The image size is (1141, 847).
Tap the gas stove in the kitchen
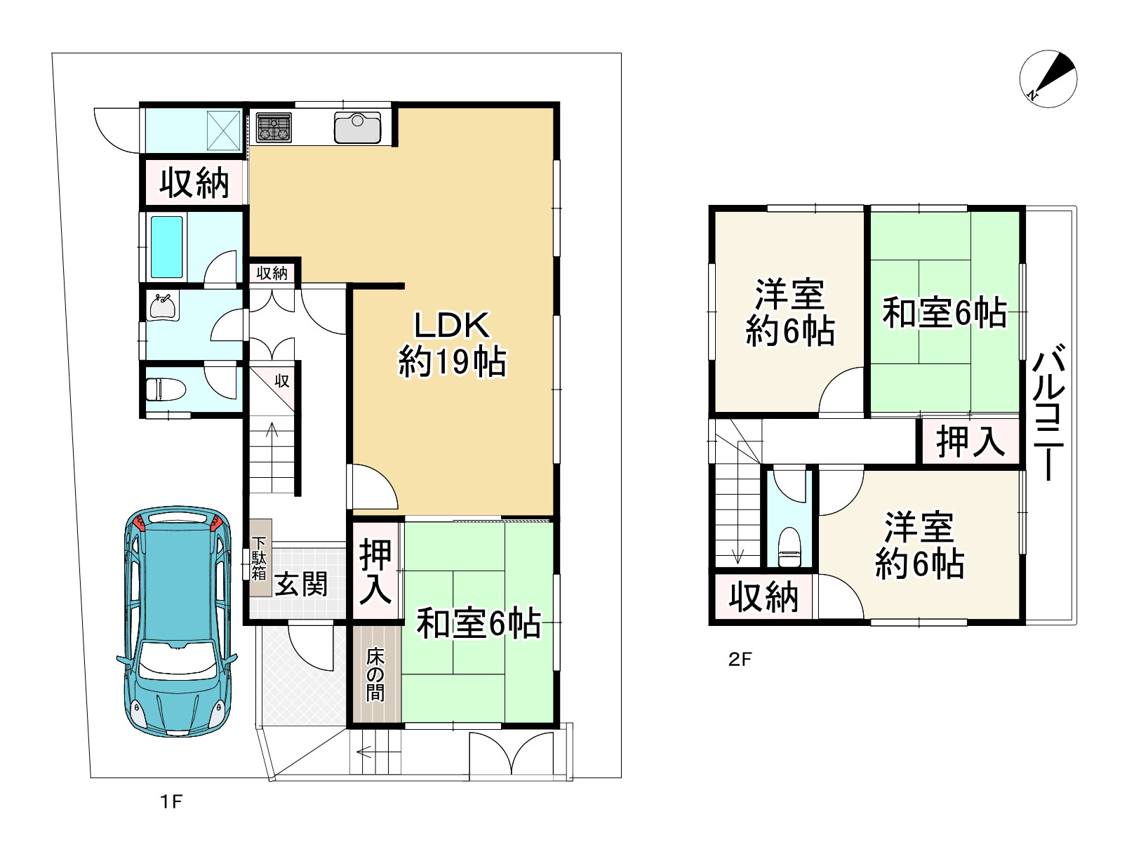(x=274, y=128)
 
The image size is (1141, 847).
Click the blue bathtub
(x=167, y=247)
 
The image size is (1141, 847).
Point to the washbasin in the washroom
(x=163, y=307)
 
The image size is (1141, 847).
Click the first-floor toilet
(x=166, y=389)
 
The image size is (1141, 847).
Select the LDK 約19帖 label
(x=452, y=345)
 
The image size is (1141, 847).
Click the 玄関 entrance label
(x=301, y=584)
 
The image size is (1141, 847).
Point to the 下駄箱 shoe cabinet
(x=259, y=558)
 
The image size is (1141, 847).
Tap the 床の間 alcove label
(x=375, y=675)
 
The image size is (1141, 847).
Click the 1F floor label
(x=171, y=801)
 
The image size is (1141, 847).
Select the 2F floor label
(x=740, y=659)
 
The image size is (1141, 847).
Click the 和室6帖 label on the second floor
(x=945, y=312)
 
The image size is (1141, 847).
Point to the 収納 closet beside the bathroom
(x=194, y=182)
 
